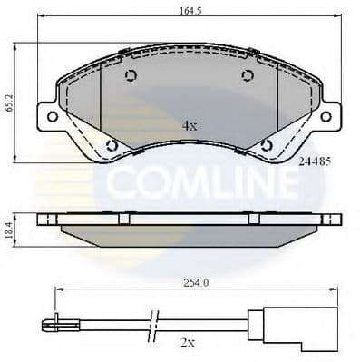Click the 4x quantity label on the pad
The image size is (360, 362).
[x=189, y=125]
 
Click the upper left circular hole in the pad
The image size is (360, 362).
[x=130, y=76]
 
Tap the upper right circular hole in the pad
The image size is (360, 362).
[x=248, y=76]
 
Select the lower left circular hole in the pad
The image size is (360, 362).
[x=112, y=143]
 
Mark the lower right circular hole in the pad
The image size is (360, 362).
[x=266, y=143]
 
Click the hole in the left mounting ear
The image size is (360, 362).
[x=52, y=116]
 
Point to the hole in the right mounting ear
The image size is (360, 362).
[x=326, y=116]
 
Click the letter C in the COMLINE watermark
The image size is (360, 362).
[x=119, y=184]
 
